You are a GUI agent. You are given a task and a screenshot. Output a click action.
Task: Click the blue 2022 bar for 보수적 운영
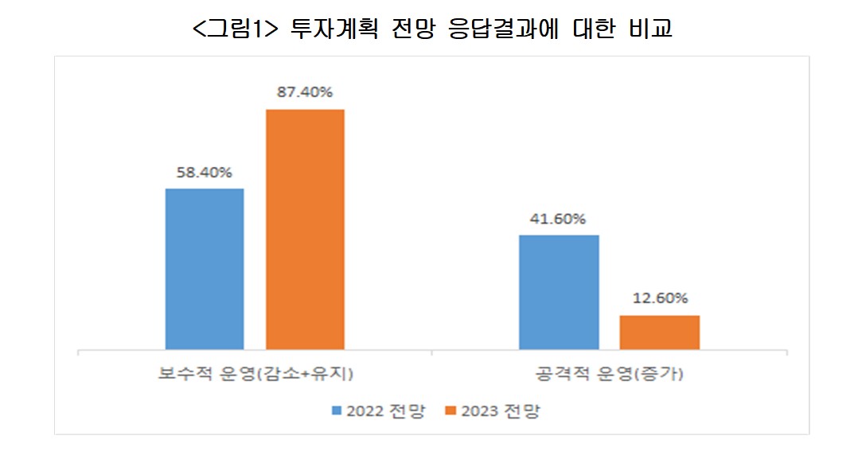tap(205, 269)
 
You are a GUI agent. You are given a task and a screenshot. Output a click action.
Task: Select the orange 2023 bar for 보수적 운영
tap(305, 229)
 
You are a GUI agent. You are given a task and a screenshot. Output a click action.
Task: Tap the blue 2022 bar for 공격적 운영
tap(559, 292)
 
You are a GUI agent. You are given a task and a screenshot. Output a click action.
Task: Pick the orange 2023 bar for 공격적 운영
tap(659, 332)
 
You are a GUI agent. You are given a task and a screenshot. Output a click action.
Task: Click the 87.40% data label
tap(305, 92)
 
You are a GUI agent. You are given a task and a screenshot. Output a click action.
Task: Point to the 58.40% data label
tap(205, 172)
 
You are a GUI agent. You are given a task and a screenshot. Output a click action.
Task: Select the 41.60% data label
tap(559, 219)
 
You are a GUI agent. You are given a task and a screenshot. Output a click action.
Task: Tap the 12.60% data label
tap(659, 299)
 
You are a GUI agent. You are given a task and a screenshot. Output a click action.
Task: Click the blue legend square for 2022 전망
tap(337, 411)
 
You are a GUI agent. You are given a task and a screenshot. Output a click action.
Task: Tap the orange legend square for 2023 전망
tap(451, 411)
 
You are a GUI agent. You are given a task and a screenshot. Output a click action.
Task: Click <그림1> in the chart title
tap(232, 29)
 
